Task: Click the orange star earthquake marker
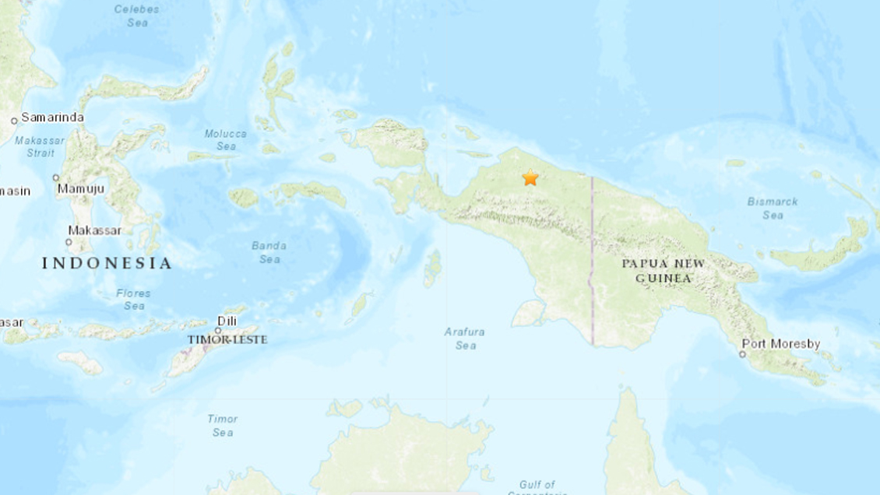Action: pyautogui.click(x=530, y=178)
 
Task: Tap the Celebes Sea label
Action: pyautogui.click(x=136, y=16)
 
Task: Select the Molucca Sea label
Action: pyautogui.click(x=225, y=139)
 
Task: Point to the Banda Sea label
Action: pyautogui.click(x=269, y=252)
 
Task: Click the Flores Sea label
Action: pyautogui.click(x=133, y=300)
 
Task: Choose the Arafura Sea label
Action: pyautogui.click(x=464, y=339)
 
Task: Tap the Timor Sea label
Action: pyautogui.click(x=222, y=425)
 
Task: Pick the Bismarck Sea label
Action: pyautogui.click(x=773, y=208)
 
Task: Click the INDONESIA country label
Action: pyautogui.click(x=107, y=263)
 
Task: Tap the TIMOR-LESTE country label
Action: pyautogui.click(x=227, y=339)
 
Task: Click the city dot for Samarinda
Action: pyautogui.click(x=14, y=121)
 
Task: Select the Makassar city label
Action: pyautogui.click(x=95, y=230)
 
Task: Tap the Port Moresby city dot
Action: pyautogui.click(x=743, y=354)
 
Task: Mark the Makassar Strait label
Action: pyautogui.click(x=33, y=146)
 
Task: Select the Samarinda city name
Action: pyautogui.click(x=52, y=118)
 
